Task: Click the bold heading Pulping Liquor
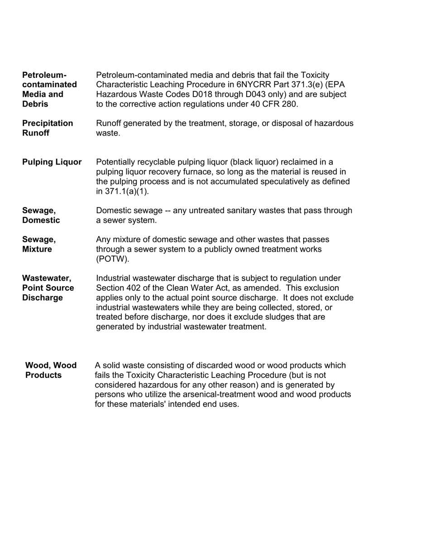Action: point(52,162)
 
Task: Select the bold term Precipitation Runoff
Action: point(47,128)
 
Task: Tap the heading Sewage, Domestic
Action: point(41,215)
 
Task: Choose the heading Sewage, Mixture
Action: point(38,244)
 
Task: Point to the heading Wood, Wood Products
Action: point(51,370)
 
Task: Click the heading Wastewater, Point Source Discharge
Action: point(48,288)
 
